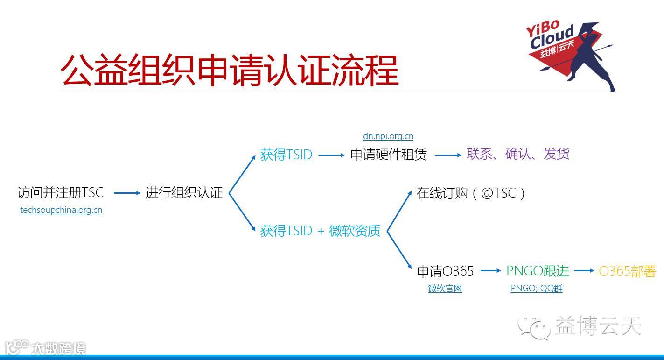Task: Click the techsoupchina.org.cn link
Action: coord(61,210)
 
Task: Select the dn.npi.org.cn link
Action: coord(388,136)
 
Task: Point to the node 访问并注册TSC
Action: coord(60,192)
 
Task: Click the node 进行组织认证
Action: coord(184,192)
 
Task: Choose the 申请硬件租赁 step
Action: coord(388,155)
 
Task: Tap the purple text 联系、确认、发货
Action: coord(518,154)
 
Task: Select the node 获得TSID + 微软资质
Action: coord(320,231)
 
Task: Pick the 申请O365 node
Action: coord(445,271)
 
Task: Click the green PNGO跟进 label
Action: coord(538,271)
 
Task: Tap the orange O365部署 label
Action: coord(627,271)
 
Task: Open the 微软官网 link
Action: coord(445,289)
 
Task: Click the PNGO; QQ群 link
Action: coord(537,289)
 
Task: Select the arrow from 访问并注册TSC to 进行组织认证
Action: coord(127,193)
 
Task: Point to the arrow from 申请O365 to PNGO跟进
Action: coord(490,270)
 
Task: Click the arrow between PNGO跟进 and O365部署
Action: coord(584,270)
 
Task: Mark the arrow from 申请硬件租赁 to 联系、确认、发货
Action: coord(448,155)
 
